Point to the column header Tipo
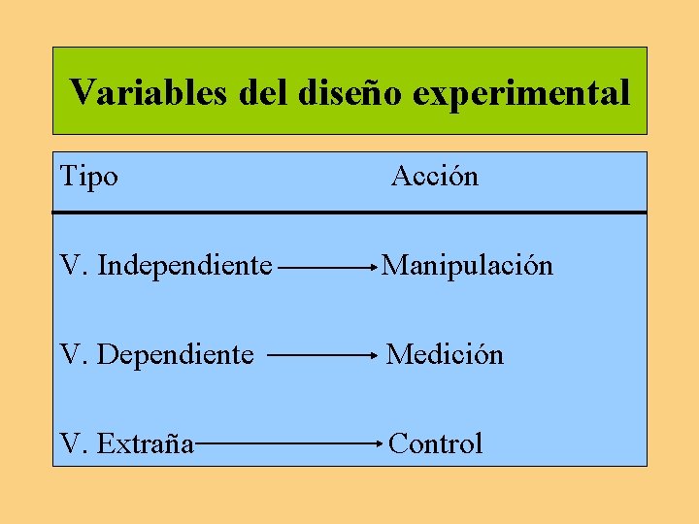(89, 177)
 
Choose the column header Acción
(435, 177)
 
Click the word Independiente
(185, 265)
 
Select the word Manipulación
(467, 265)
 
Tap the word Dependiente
(176, 355)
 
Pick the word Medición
(446, 355)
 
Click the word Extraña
(145, 444)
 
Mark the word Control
(435, 444)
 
